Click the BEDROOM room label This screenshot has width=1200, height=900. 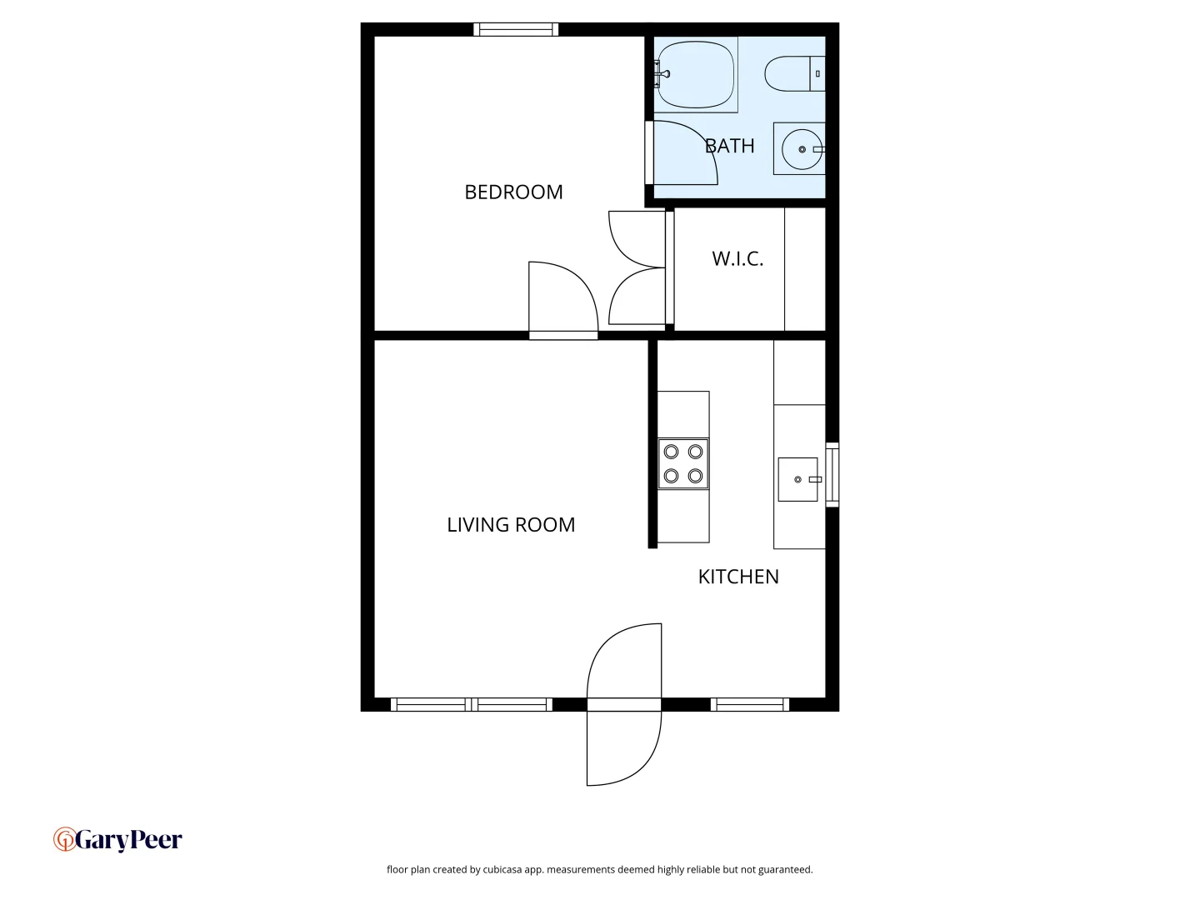[x=513, y=192]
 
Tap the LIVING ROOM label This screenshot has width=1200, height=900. [x=511, y=525]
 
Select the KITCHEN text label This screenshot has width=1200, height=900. [x=738, y=577]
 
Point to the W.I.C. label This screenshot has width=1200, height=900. [x=737, y=259]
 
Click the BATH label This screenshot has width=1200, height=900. [x=730, y=147]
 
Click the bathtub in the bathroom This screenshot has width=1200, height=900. [x=695, y=75]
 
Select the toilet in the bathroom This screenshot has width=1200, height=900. [x=794, y=74]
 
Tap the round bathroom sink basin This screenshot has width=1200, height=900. [x=802, y=149]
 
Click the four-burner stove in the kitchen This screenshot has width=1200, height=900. [x=683, y=464]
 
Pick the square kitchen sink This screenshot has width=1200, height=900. [x=797, y=479]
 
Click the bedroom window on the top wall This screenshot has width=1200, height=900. [x=516, y=30]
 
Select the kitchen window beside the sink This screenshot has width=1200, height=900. [x=832, y=475]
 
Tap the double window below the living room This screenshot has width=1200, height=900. [x=472, y=705]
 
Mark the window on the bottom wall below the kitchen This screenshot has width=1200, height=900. [x=750, y=705]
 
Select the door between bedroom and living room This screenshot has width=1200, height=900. [x=563, y=300]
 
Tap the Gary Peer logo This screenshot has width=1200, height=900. [x=117, y=840]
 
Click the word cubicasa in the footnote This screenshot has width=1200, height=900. [x=502, y=870]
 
